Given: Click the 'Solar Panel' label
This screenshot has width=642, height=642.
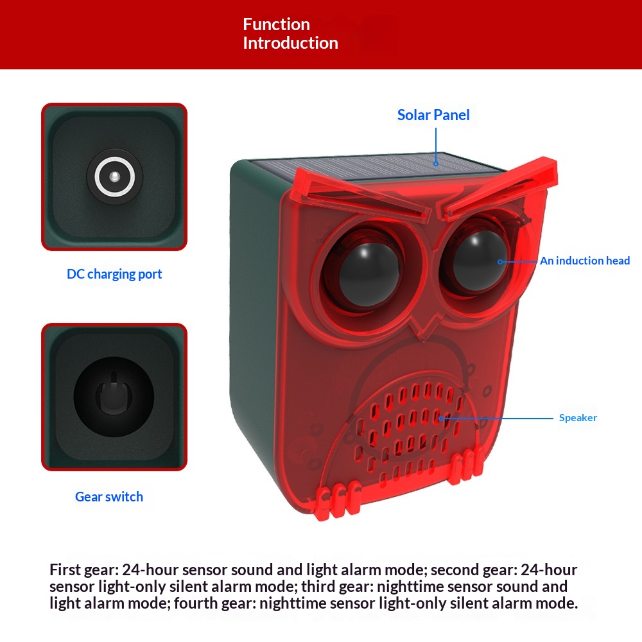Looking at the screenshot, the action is pos(433,115).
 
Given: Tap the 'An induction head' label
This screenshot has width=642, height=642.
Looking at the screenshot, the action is pos(585,261).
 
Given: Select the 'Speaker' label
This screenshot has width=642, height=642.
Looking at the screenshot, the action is pos(578,418).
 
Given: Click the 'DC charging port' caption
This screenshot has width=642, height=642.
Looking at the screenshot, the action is pos(114,274).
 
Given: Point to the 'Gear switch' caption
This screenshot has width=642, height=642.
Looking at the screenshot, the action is pos(109,497).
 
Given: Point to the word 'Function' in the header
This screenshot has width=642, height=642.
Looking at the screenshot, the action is pos(276,24).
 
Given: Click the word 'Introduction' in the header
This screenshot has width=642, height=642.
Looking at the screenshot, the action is pos(291,43).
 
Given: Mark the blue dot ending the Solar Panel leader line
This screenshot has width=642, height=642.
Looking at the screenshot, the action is pos(436,164).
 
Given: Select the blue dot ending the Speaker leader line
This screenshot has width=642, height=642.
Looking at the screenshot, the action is pos(442,419).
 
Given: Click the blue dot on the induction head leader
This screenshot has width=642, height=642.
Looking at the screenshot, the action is pos(500,262).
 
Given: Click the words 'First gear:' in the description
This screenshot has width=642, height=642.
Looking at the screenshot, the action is pos(83,569).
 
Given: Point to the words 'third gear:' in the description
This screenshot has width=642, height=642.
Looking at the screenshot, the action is pos(338,586).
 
